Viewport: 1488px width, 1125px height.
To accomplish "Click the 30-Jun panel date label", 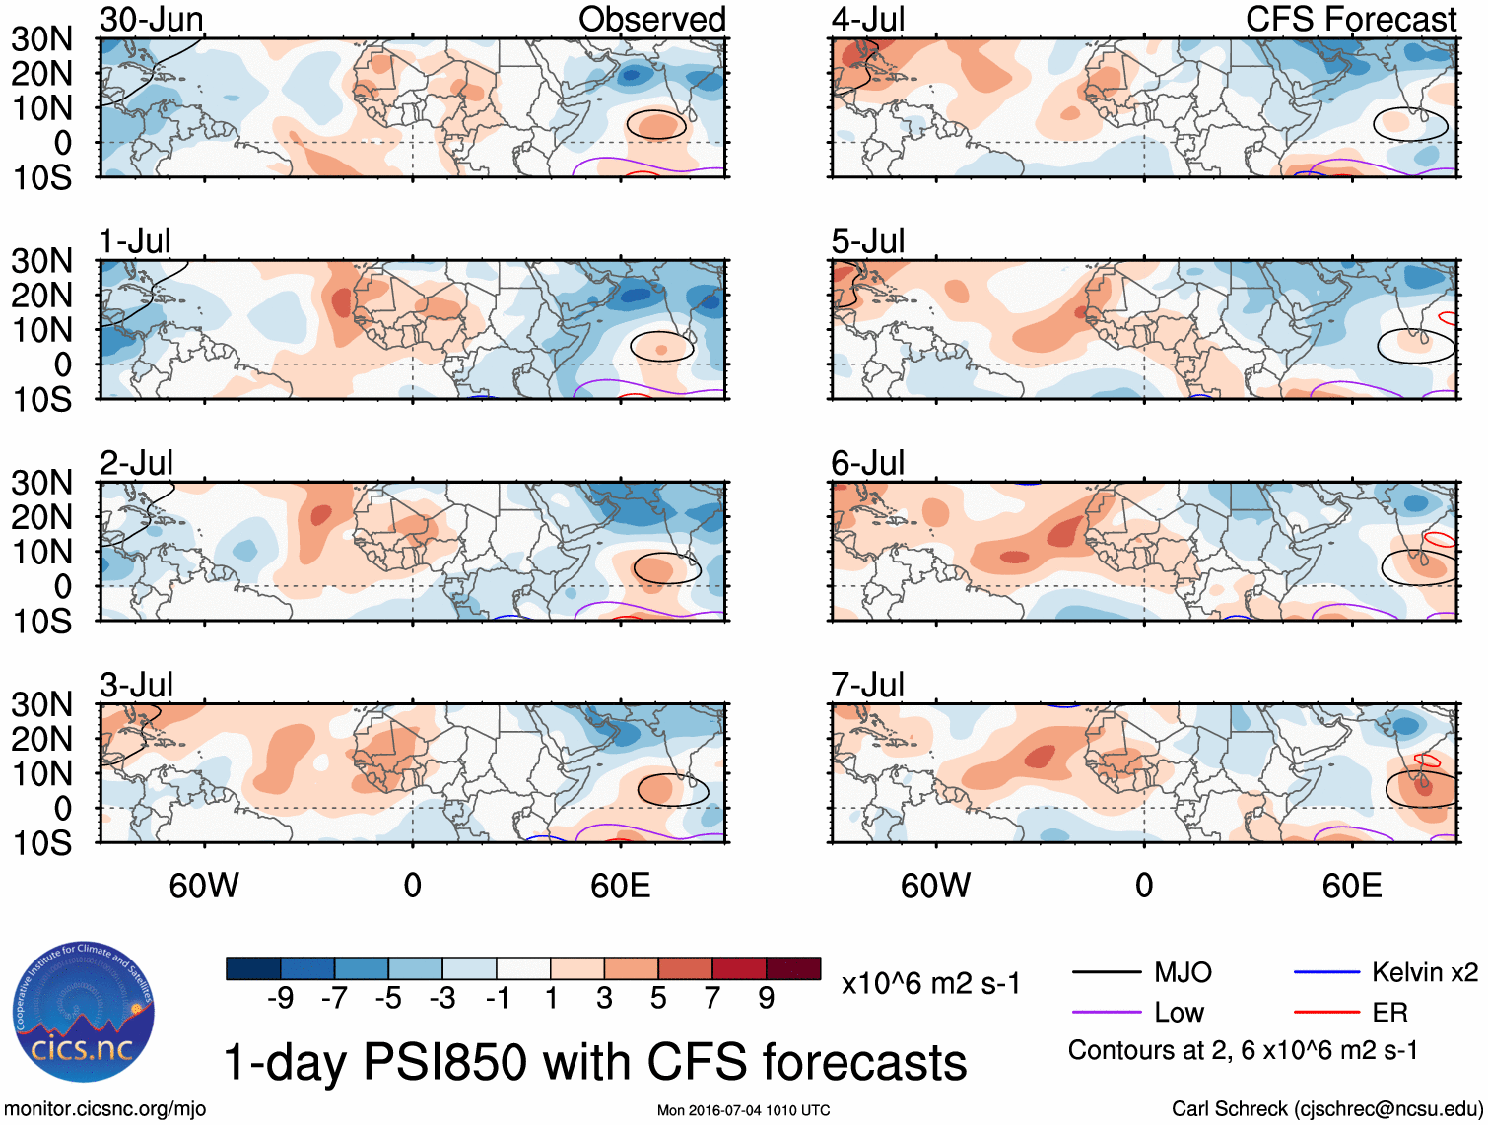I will [152, 20].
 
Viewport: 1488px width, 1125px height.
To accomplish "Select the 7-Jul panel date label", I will [867, 685].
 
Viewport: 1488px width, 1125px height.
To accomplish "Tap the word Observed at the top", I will [651, 20].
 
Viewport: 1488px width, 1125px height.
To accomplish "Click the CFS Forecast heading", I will [1351, 20].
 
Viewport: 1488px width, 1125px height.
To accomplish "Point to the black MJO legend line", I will [1106, 973].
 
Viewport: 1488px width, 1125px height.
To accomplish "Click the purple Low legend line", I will [1106, 1013].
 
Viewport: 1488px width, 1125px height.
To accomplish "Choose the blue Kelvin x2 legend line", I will [1326, 973].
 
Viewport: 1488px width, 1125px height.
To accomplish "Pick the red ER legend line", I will [1326, 1013].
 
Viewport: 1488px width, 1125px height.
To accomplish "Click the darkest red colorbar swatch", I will [793, 968].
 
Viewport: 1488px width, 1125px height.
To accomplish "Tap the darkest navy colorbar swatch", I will [253, 968].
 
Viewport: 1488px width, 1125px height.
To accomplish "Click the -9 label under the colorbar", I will [281, 999].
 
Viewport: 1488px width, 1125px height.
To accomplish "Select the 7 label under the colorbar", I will [712, 999].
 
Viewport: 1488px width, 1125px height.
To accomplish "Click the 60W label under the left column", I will [204, 886].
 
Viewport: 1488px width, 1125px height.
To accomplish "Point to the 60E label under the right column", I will [1351, 886].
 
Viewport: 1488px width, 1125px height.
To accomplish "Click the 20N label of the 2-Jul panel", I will [41, 517].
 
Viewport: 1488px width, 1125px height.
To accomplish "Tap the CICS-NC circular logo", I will [84, 1013].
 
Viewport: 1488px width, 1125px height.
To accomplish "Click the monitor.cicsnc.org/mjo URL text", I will [105, 1109].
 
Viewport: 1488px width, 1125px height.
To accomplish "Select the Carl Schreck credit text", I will [1326, 1109].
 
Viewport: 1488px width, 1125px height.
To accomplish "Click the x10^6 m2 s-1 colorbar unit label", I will [930, 983].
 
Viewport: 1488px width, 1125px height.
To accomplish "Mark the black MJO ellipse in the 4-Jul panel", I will [1410, 123].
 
